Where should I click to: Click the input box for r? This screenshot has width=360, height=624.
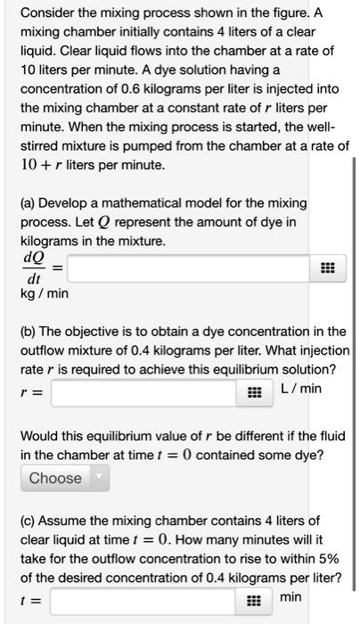pos(147,391)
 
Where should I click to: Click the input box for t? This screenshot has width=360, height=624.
pos(147,602)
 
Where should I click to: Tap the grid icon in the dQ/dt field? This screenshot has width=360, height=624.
pos(327,267)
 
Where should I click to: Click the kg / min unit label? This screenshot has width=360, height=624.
pos(45,293)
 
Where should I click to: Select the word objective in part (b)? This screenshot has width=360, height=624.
pos(103,332)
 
